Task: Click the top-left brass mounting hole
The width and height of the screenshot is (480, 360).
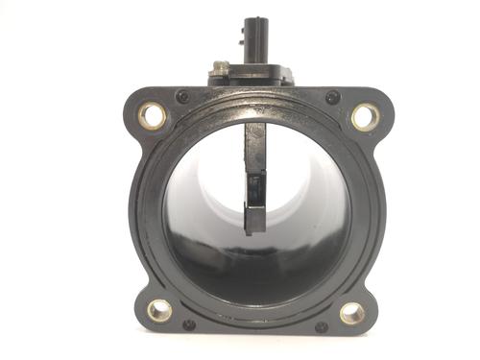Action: click(152, 116)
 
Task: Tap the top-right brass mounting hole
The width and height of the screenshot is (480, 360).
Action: click(365, 116)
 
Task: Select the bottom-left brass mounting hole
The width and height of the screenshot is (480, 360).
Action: click(159, 310)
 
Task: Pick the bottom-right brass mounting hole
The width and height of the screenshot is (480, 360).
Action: click(352, 313)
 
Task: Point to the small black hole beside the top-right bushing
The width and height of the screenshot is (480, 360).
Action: click(332, 97)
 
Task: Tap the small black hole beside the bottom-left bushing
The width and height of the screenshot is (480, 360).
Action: click(189, 324)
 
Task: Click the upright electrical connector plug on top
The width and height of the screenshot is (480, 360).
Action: click(256, 38)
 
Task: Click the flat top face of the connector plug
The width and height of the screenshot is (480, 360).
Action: click(256, 20)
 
